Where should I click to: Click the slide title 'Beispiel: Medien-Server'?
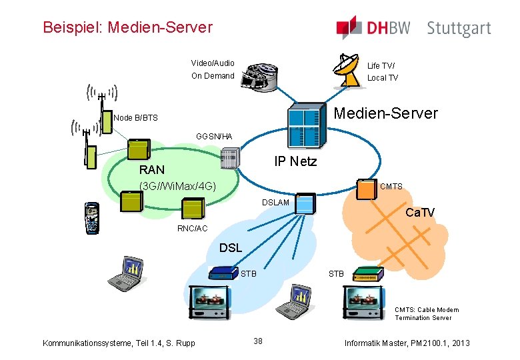(127, 27)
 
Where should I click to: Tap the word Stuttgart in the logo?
(459, 29)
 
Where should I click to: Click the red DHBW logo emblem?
(349, 27)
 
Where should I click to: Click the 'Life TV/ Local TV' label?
(383, 71)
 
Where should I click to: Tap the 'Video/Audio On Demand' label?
(213, 69)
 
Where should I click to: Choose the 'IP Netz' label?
(295, 161)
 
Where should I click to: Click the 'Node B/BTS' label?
(136, 118)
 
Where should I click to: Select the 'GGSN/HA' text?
(214, 137)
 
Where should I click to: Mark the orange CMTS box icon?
(366, 188)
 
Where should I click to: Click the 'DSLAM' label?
(275, 202)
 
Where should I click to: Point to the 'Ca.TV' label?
(420, 213)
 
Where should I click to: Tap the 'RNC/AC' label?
(192, 229)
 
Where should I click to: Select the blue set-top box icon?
(223, 273)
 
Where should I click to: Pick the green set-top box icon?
(366, 274)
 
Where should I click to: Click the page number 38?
(258, 341)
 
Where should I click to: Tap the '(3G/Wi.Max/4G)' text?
(177, 185)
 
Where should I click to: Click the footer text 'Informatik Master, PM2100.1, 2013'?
(407, 343)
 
